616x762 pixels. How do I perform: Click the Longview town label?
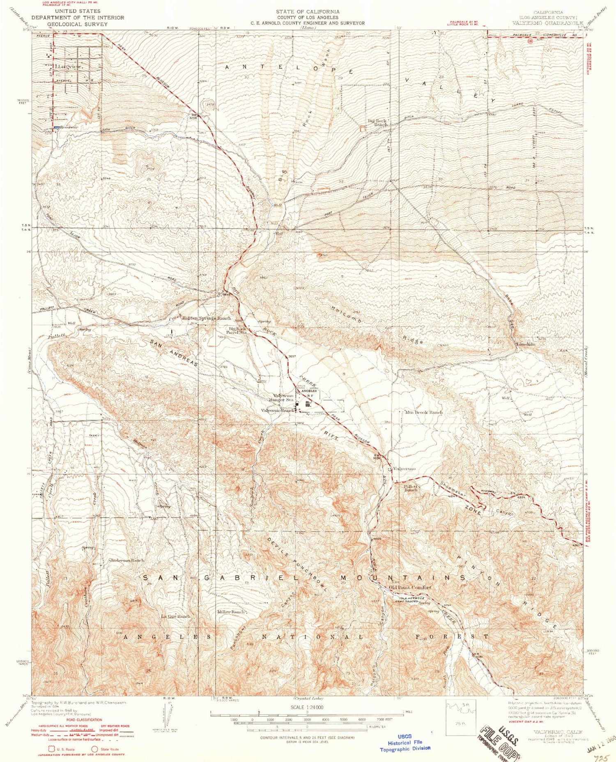click(x=70, y=66)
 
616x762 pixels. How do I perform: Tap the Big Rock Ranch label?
click(x=377, y=122)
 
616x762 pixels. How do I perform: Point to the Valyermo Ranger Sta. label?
click(x=284, y=397)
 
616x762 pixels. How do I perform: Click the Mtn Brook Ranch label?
click(x=424, y=412)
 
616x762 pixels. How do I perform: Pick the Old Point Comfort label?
click(x=410, y=587)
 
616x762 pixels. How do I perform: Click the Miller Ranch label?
click(x=232, y=612)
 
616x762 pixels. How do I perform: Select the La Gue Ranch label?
click(x=176, y=616)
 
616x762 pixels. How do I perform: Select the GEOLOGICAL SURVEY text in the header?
click(x=77, y=24)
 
